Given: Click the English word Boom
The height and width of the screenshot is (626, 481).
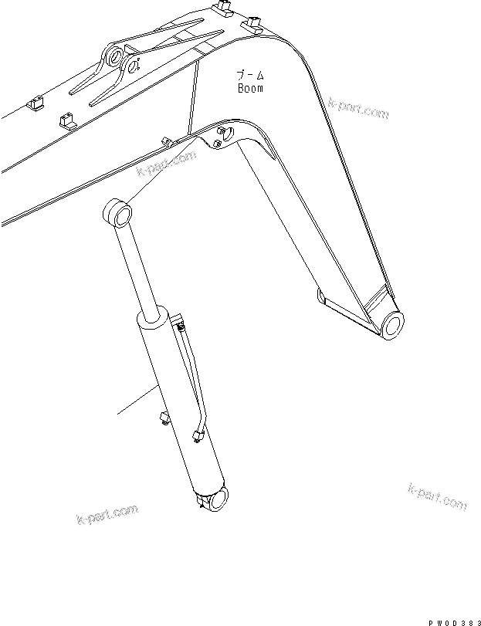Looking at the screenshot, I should click(249, 88).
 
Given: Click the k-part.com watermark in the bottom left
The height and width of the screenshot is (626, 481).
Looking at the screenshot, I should click(107, 516).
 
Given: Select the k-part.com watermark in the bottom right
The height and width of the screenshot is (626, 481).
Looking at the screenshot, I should click(436, 498).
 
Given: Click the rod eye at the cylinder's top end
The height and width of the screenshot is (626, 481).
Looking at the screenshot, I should click(118, 212).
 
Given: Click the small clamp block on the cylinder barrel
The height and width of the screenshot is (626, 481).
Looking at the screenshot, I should click(163, 418).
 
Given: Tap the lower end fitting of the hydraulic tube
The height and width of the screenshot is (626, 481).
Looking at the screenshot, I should click(196, 437).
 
